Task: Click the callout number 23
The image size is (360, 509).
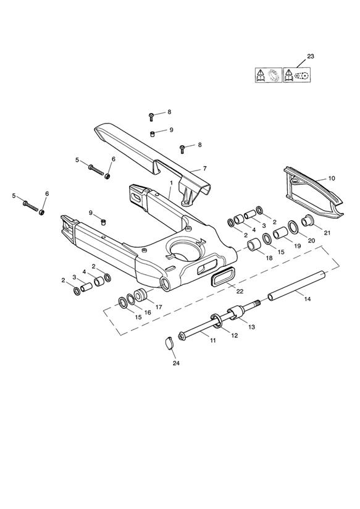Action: [x=311, y=56]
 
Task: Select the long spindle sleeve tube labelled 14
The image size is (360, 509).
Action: [x=296, y=284]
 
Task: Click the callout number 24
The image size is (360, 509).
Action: [x=176, y=363]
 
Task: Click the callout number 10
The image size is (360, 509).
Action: [x=332, y=179]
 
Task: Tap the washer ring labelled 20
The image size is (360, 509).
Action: [x=293, y=227]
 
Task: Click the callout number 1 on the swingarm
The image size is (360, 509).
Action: [x=172, y=183]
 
